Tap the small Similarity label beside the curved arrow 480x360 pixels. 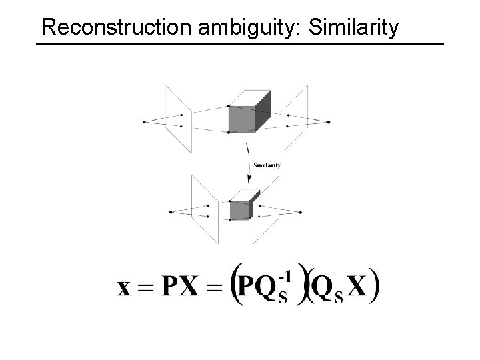point(266,165)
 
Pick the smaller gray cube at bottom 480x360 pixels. point(240,209)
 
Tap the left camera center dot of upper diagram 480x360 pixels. point(144,121)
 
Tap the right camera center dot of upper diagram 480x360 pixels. point(329,122)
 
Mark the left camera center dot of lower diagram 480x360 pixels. point(172,212)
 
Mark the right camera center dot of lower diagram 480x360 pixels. point(301,212)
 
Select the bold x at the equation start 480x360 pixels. point(125,289)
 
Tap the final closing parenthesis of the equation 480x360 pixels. point(375,287)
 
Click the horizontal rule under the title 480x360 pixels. point(239,44)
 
